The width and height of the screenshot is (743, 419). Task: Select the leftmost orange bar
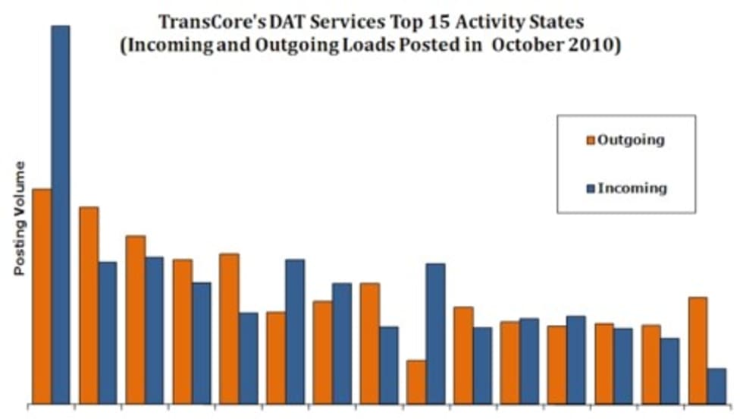[x=42, y=296]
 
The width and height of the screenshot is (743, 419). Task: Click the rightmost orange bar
[x=698, y=350]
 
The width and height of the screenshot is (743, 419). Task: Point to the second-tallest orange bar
[x=89, y=304]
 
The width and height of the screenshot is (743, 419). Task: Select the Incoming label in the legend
[x=632, y=187]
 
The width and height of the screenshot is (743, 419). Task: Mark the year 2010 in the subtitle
[x=596, y=44]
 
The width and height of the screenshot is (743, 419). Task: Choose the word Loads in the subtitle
[x=362, y=44]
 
